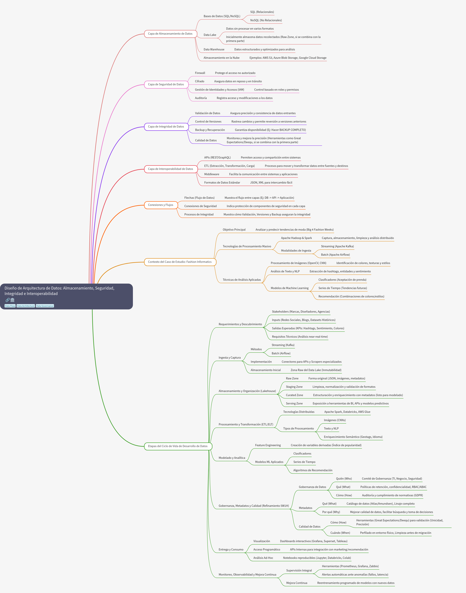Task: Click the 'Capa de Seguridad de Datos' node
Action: click(166, 84)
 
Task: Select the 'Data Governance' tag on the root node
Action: click(45, 306)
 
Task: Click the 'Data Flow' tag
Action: click(10, 306)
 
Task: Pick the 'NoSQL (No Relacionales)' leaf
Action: click(266, 20)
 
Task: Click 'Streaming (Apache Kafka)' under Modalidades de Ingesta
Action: click(337, 246)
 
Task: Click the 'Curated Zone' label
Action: click(294, 395)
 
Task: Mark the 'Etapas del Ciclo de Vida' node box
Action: click(178, 446)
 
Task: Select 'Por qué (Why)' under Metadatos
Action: click(331, 512)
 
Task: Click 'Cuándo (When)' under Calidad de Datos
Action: click(340, 533)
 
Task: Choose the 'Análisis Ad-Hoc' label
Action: click(263, 558)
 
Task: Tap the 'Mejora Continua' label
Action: click(297, 583)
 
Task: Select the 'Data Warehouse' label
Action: click(214, 49)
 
